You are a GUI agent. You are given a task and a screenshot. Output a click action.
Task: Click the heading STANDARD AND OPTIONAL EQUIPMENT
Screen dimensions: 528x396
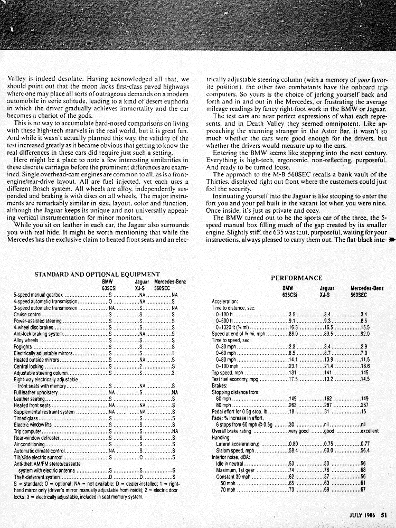(97, 274)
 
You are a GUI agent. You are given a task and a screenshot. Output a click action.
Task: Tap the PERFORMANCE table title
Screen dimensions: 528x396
(297, 278)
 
